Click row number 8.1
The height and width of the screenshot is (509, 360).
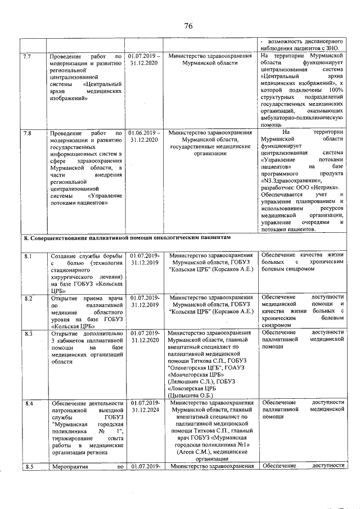[x=26, y=257]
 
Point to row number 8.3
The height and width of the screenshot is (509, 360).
[x=26, y=334]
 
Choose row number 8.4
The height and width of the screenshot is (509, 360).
[x=26, y=403]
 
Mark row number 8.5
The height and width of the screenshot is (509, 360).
[x=26, y=466]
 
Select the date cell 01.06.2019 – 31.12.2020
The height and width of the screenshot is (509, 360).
[x=144, y=137]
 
